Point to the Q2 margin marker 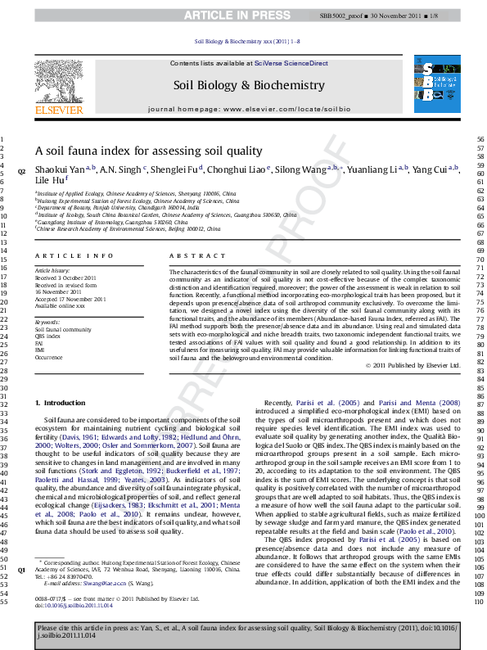click(21, 171)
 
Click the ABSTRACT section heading click(186, 256)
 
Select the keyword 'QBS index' click(47, 336)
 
